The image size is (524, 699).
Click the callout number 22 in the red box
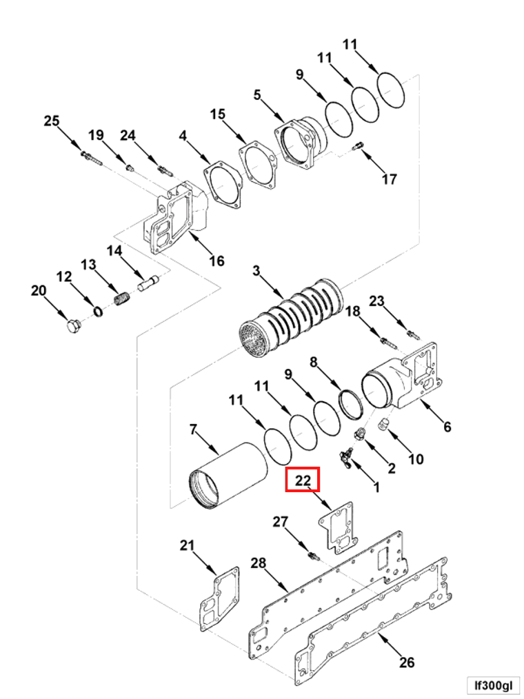[x=303, y=480]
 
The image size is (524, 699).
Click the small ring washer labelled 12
[x=98, y=311]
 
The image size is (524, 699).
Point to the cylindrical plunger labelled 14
[x=148, y=284]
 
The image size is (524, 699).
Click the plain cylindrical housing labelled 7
[x=228, y=475]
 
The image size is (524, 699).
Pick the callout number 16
[x=216, y=261]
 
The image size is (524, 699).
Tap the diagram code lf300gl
[x=493, y=685]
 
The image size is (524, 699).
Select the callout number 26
[x=406, y=662]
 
